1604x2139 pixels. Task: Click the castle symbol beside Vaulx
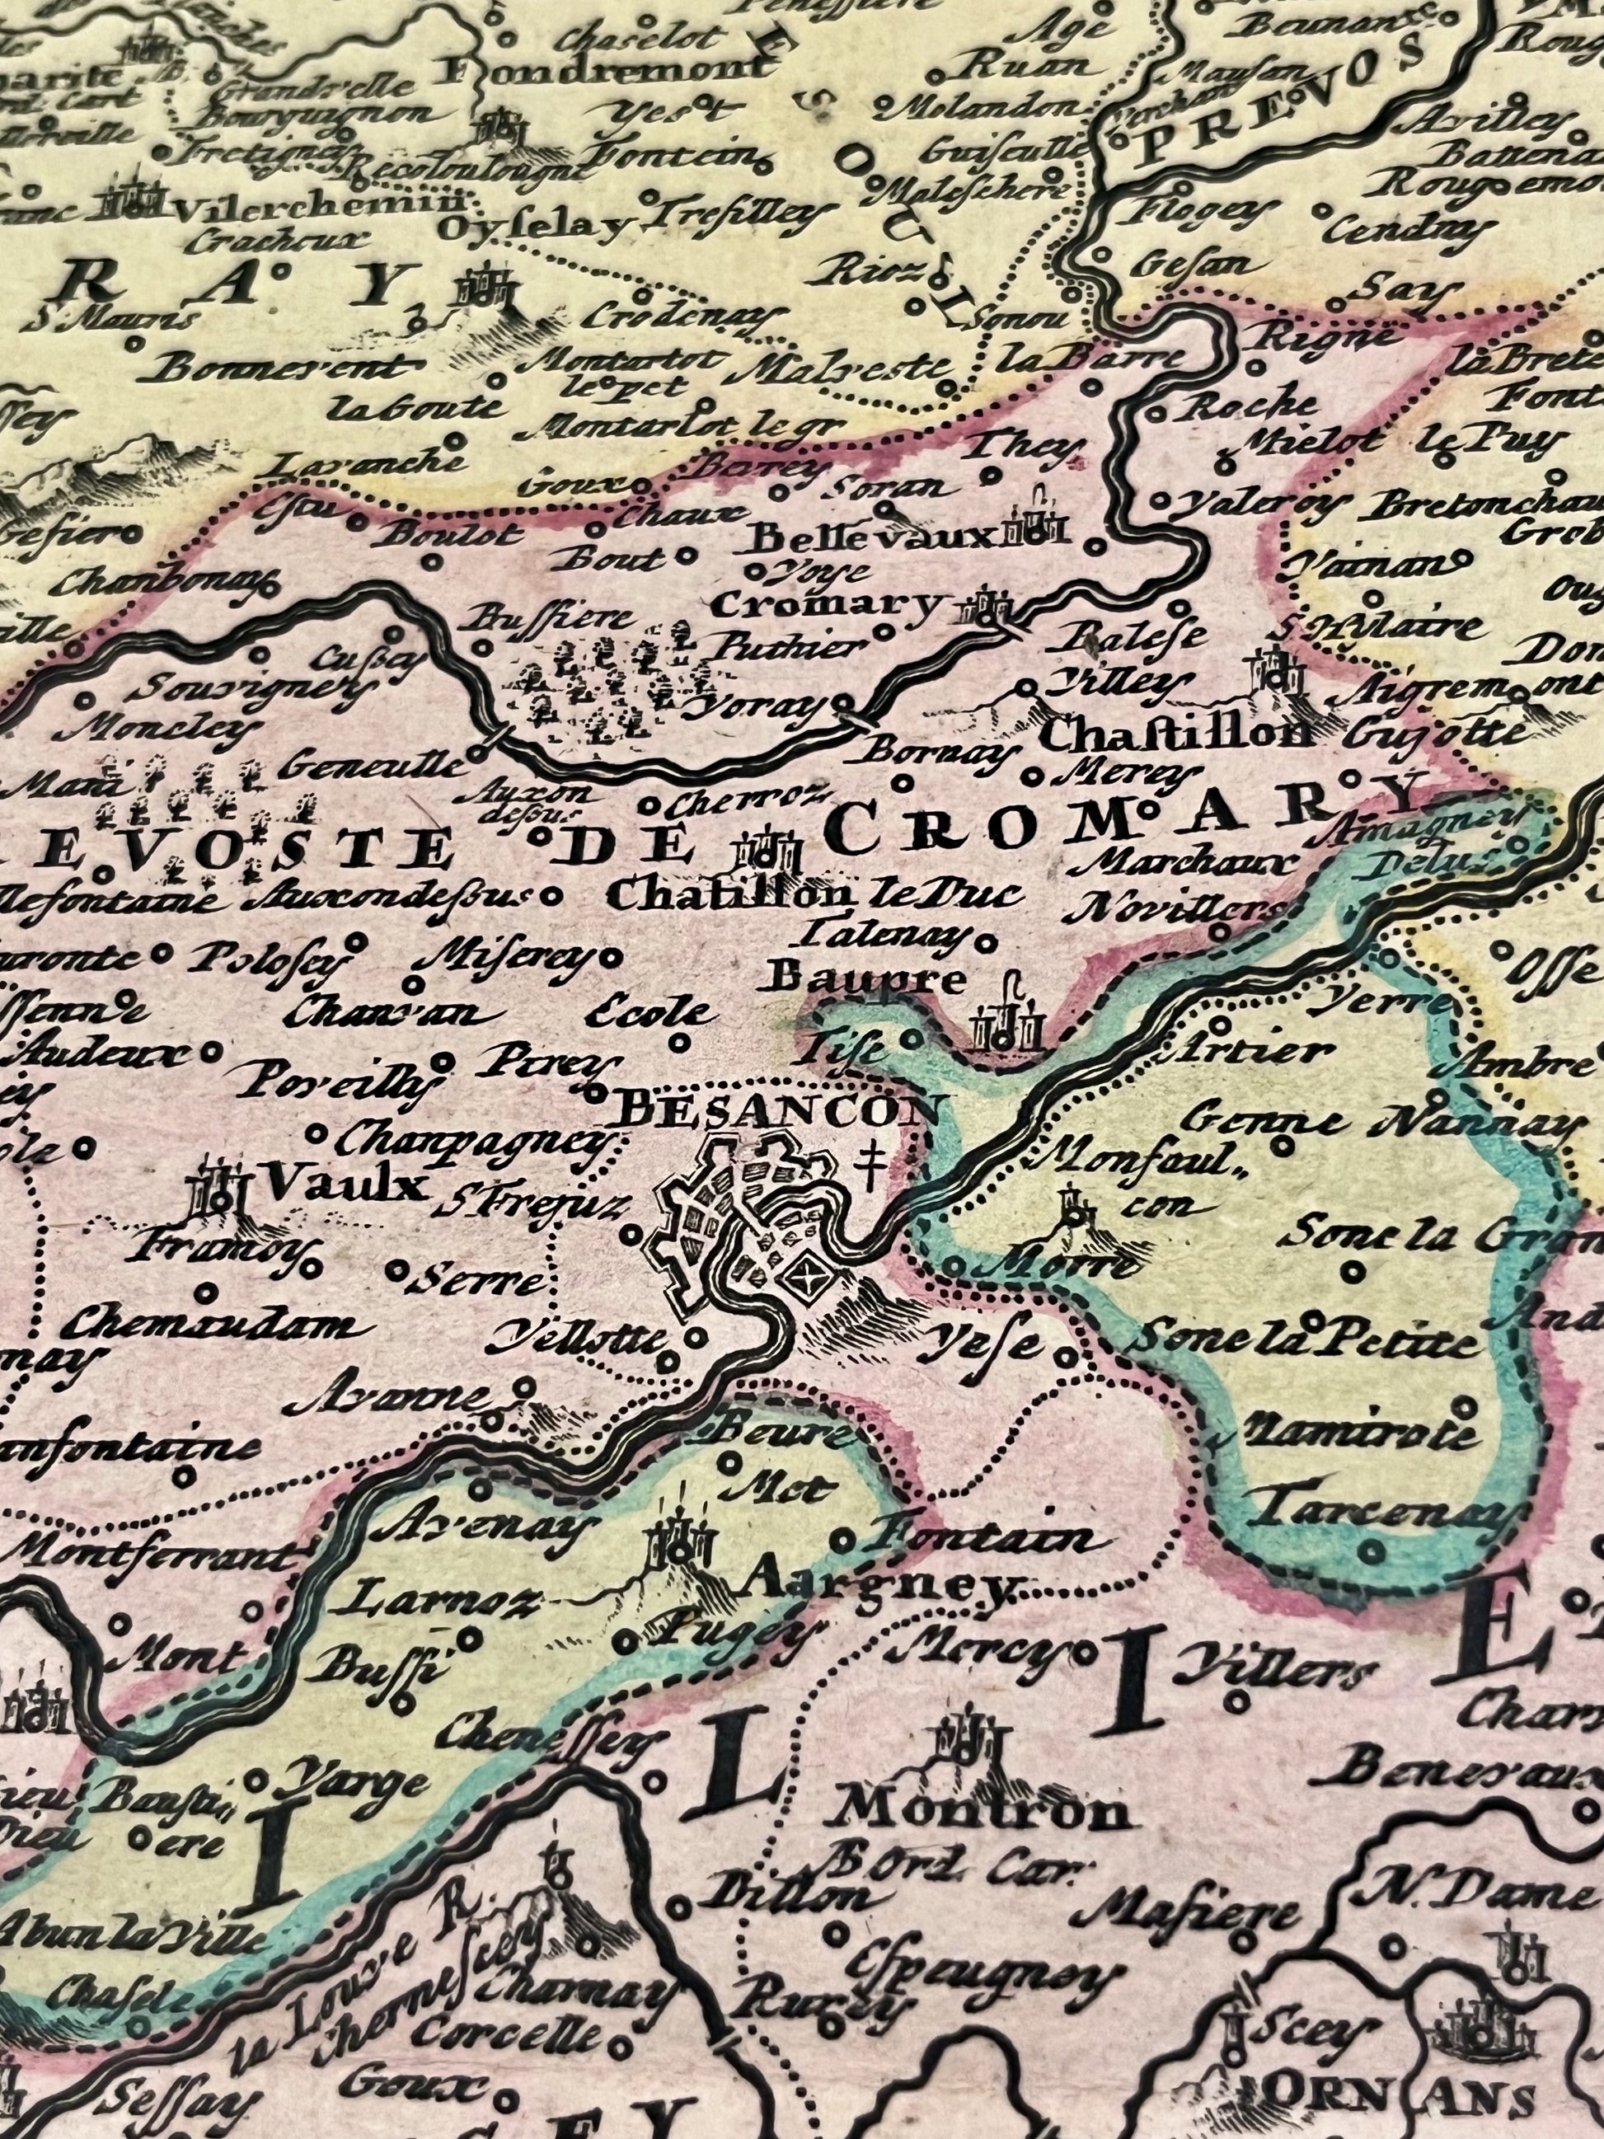(220, 1191)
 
